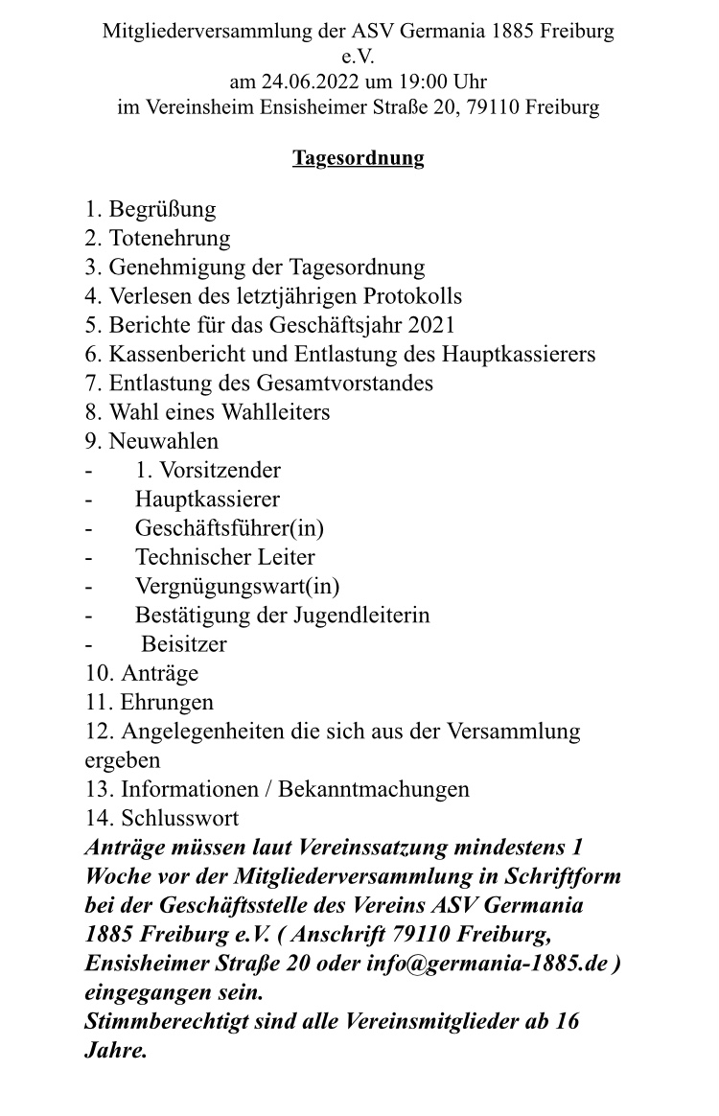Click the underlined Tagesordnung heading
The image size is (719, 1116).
358,158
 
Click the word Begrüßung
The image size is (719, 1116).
162,209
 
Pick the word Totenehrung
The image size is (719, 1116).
170,238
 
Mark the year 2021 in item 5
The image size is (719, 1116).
431,325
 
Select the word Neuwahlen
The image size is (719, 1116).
164,441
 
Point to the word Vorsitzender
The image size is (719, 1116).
220,471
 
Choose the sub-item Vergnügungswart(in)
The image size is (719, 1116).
237,586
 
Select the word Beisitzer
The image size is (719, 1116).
184,644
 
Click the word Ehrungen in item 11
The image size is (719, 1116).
167,703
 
